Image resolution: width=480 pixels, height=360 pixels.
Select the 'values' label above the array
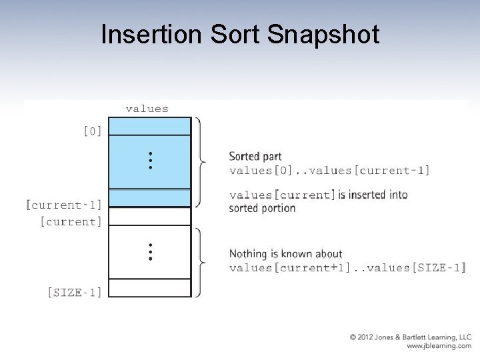(x=147, y=109)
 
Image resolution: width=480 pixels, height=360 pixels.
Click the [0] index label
(x=93, y=131)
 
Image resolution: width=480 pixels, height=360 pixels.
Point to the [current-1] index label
(x=64, y=205)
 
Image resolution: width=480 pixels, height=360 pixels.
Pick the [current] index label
(x=71, y=221)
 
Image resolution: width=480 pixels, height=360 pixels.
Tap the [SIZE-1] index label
(x=75, y=292)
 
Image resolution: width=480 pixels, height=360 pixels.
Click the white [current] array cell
(x=149, y=217)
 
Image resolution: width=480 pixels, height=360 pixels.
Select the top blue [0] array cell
(x=149, y=127)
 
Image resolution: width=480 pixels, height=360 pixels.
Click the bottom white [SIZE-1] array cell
(x=149, y=288)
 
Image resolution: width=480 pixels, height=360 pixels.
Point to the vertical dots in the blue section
(x=151, y=160)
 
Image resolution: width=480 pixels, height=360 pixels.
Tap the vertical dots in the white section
(x=151, y=251)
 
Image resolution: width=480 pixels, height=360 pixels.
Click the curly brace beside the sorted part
(x=201, y=161)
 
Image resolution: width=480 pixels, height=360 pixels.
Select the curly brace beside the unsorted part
(x=201, y=261)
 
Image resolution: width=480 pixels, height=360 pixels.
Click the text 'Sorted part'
(x=255, y=157)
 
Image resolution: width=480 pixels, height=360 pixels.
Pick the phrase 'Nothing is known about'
(x=285, y=254)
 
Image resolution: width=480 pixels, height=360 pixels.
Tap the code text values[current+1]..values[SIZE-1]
(x=347, y=268)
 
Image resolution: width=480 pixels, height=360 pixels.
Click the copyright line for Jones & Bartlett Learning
(x=411, y=338)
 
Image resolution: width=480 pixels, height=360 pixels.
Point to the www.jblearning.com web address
(x=439, y=347)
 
